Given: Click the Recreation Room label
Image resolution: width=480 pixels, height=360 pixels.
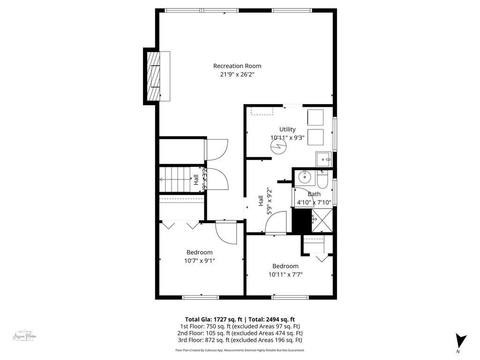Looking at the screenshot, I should pos(237,66).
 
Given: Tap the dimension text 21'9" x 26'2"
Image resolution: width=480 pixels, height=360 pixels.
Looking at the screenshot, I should pos(237,75).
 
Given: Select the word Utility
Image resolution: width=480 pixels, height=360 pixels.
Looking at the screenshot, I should pos(287,129).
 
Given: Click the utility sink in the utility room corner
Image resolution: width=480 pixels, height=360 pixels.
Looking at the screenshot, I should pos(323,160).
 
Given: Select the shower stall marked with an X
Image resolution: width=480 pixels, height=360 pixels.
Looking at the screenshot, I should pos(322,221).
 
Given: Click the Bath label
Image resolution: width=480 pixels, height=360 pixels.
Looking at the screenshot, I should pos(314,194).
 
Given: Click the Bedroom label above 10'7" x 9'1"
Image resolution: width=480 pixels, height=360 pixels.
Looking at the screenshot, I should pos(199,252).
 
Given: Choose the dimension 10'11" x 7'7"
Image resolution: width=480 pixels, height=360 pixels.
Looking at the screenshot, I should pos(285,275).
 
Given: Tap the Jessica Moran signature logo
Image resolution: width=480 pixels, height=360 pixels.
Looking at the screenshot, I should pos(25,337).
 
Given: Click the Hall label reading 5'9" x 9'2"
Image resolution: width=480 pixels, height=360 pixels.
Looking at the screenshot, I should pos(265,201).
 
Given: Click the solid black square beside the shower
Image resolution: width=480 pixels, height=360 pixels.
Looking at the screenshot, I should pos(301,221).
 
